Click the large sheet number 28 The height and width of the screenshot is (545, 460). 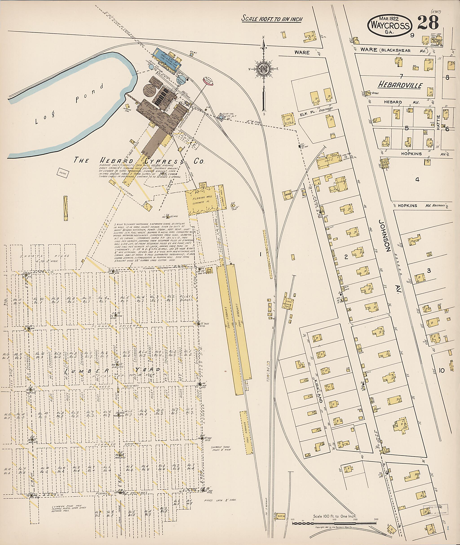[428, 23]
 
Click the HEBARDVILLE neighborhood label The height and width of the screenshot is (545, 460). [400, 85]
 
